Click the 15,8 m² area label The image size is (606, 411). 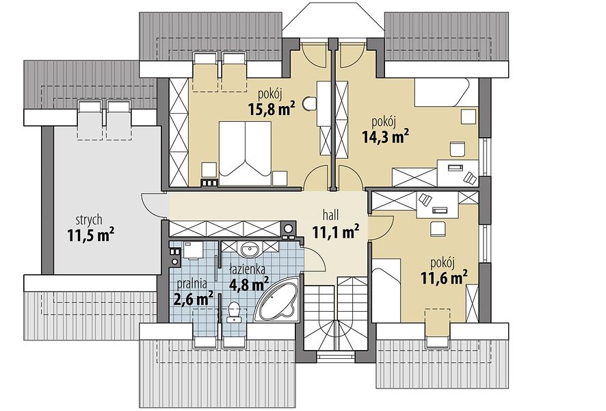click(272, 109)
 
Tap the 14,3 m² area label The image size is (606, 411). click(386, 136)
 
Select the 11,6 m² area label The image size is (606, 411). click(445, 277)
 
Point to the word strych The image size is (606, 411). click(89, 220)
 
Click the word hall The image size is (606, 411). click(330, 215)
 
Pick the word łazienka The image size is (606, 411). click(247, 269)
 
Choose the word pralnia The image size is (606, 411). click(192, 284)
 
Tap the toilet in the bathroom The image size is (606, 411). click(234, 312)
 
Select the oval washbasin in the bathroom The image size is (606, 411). click(250, 249)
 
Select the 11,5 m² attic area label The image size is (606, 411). click(91, 235)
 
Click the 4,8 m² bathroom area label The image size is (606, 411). click(249, 284)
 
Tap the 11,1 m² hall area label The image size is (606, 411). click(337, 232)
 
